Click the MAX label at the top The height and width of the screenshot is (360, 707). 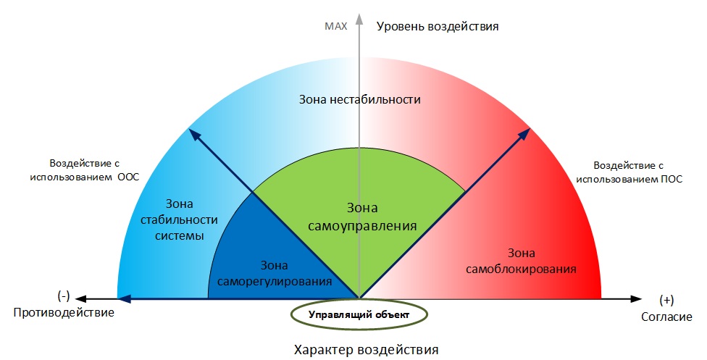coord(336,26)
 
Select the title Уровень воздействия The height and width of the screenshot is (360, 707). coord(438,27)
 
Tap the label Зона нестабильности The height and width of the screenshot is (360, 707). coord(360,99)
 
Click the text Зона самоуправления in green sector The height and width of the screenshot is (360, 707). coord(362,217)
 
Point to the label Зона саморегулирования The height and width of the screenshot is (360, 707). coord(274,273)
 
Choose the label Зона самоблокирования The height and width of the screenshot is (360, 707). coord(522,261)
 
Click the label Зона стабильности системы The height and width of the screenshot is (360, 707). coord(180,219)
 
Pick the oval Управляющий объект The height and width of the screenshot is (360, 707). coord(359,314)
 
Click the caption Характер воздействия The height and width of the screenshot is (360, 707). coord(366,350)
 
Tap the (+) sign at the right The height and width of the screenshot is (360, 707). coord(666,300)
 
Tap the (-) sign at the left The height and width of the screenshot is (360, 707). coord(64,296)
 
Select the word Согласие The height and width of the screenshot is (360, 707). coord(666,317)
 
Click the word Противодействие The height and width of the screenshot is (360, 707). coord(64,313)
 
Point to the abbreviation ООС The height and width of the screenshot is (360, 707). coord(128,177)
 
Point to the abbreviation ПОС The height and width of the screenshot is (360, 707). coord(672,179)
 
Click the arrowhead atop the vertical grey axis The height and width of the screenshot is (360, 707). coord(359,18)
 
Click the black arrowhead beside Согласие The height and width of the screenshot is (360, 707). coord(636,298)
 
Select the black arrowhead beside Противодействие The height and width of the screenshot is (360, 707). coord(80,298)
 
